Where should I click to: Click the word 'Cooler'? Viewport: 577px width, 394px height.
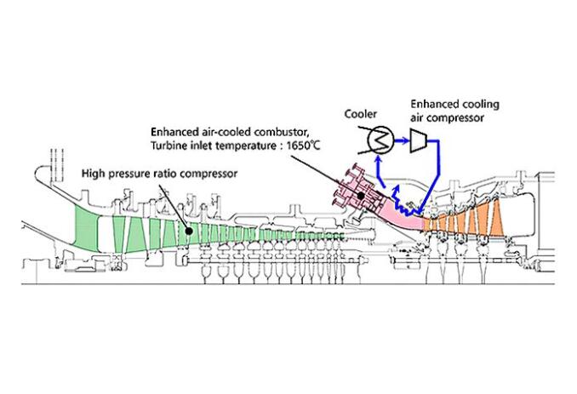coord(360,112)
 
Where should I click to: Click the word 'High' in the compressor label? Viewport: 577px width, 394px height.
coord(94,174)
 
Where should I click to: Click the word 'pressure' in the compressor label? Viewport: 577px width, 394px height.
coord(129,174)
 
